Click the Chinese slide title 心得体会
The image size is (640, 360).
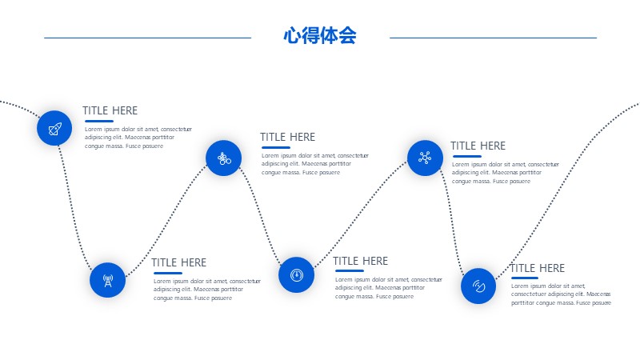(320, 35)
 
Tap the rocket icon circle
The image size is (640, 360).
(54, 128)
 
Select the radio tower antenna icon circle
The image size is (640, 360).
(107, 280)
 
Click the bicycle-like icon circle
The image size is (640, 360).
(224, 158)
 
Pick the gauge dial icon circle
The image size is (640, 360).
(296, 274)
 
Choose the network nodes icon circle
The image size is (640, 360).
(425, 158)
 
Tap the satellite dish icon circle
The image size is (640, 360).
(478, 286)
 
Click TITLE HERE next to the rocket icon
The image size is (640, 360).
(110, 110)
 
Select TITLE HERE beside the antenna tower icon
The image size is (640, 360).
(178, 262)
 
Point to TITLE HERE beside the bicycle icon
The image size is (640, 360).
(288, 137)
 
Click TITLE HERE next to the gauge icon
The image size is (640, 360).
(361, 261)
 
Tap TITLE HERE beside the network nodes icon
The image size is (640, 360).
(478, 146)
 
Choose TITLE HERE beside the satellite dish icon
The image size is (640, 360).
(538, 268)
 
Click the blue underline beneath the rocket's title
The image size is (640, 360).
(99, 122)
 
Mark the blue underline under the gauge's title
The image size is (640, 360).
(350, 270)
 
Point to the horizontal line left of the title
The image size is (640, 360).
(148, 38)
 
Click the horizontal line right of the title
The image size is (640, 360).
(493, 38)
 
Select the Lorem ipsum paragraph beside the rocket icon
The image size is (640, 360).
(138, 138)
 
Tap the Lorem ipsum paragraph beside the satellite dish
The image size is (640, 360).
(561, 294)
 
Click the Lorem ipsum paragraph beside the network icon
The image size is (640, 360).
(506, 173)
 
